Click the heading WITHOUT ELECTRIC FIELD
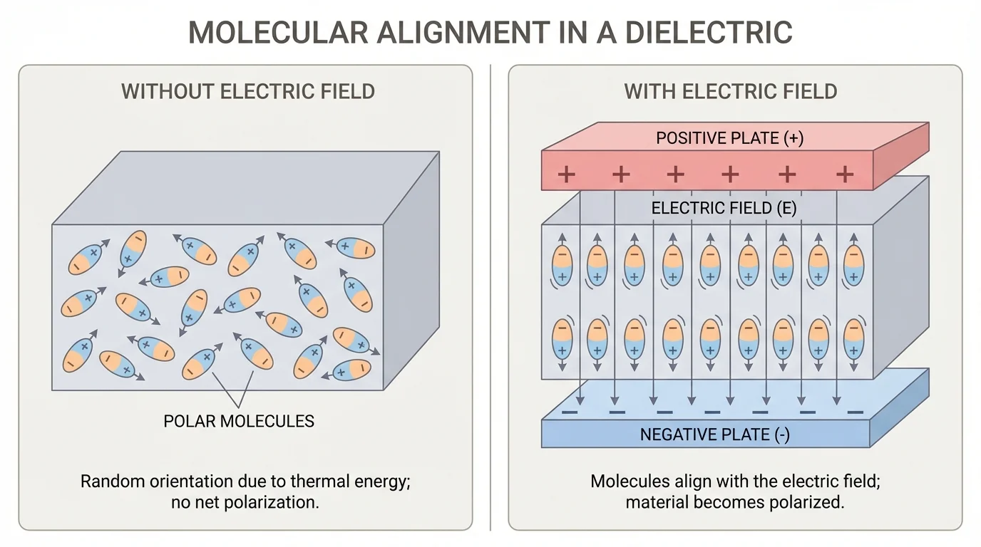[247, 92]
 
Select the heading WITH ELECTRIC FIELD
[731, 92]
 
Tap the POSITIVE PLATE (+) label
[729, 137]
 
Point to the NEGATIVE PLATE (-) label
[714, 434]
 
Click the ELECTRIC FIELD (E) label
[724, 208]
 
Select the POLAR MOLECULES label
[239, 421]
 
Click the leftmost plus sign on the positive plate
[567, 174]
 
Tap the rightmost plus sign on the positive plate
[845, 174]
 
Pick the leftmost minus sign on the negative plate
[570, 412]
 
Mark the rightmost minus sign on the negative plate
[855, 412]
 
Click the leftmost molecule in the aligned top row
[563, 265]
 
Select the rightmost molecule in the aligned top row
[853, 265]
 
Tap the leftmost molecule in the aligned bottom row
[563, 339]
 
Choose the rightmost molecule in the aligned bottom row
[853, 339]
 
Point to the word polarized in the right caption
[808, 502]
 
